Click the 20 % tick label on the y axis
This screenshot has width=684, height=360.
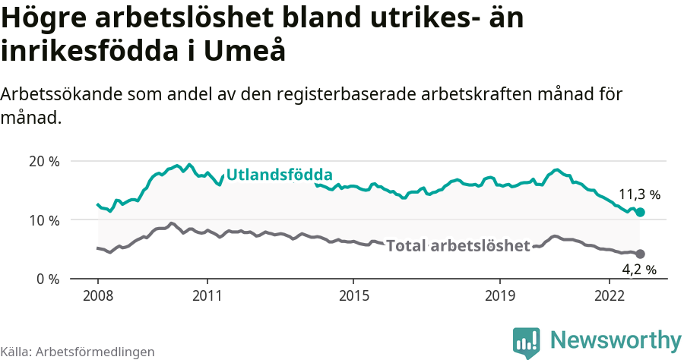pos(43,161)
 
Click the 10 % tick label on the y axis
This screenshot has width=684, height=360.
pos(43,220)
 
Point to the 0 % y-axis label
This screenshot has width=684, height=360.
pos(46,279)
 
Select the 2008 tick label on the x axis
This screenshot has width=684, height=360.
pos(98,296)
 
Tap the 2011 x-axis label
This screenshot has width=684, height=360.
pos(207,296)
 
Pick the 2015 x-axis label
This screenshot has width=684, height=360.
pos(353,296)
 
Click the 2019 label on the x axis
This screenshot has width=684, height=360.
pos(500,296)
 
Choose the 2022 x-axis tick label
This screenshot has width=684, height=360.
pos(610,296)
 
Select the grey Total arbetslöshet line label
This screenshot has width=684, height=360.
pos(458,245)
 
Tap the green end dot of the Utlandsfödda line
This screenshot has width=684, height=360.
pos(640,213)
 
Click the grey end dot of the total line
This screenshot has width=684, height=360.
pos(640,254)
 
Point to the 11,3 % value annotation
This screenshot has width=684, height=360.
pos(639,195)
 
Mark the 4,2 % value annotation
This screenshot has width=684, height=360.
pos(638,269)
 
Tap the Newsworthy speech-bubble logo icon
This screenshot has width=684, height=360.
pos(527,342)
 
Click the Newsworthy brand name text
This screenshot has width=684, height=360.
pos(616,339)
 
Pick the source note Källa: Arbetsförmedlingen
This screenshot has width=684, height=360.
pos(78,352)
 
